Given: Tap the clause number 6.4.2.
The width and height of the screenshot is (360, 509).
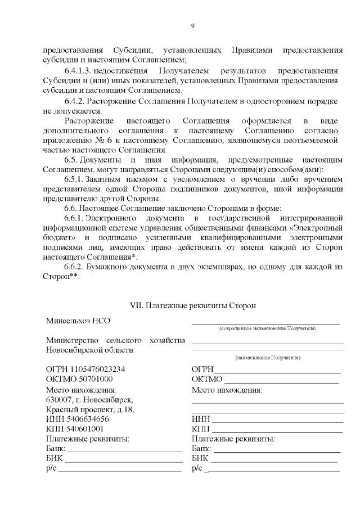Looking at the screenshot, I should pyautogui.click(x=76, y=101).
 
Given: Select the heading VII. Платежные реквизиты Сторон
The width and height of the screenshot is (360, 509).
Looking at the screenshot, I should pyautogui.click(x=193, y=306).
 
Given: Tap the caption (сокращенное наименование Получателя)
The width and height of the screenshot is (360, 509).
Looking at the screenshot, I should pyautogui.click(x=267, y=328).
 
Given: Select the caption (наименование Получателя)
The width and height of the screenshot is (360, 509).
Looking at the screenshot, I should pyautogui.click(x=268, y=358).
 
